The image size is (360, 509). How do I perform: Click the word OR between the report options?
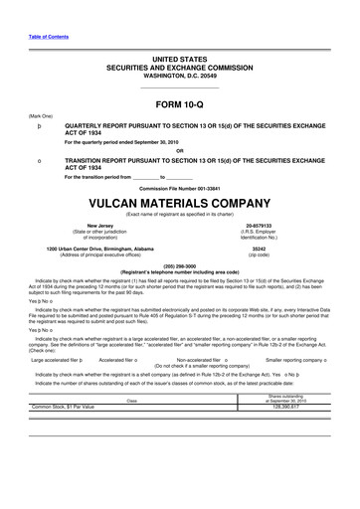tap(180, 151)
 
